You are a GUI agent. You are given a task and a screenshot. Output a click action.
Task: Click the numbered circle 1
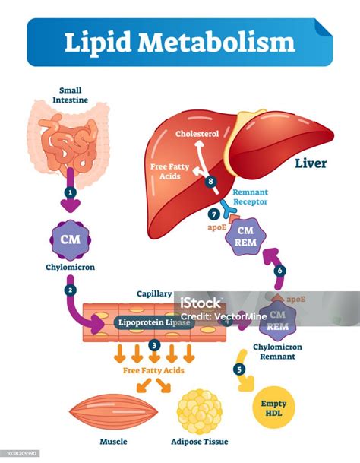tap(70, 193)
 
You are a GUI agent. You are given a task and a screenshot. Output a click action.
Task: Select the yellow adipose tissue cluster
tap(200, 412)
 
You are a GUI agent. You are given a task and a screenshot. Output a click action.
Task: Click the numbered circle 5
tap(241, 369)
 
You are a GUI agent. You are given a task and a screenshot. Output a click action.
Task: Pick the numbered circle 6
tap(280, 270)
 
